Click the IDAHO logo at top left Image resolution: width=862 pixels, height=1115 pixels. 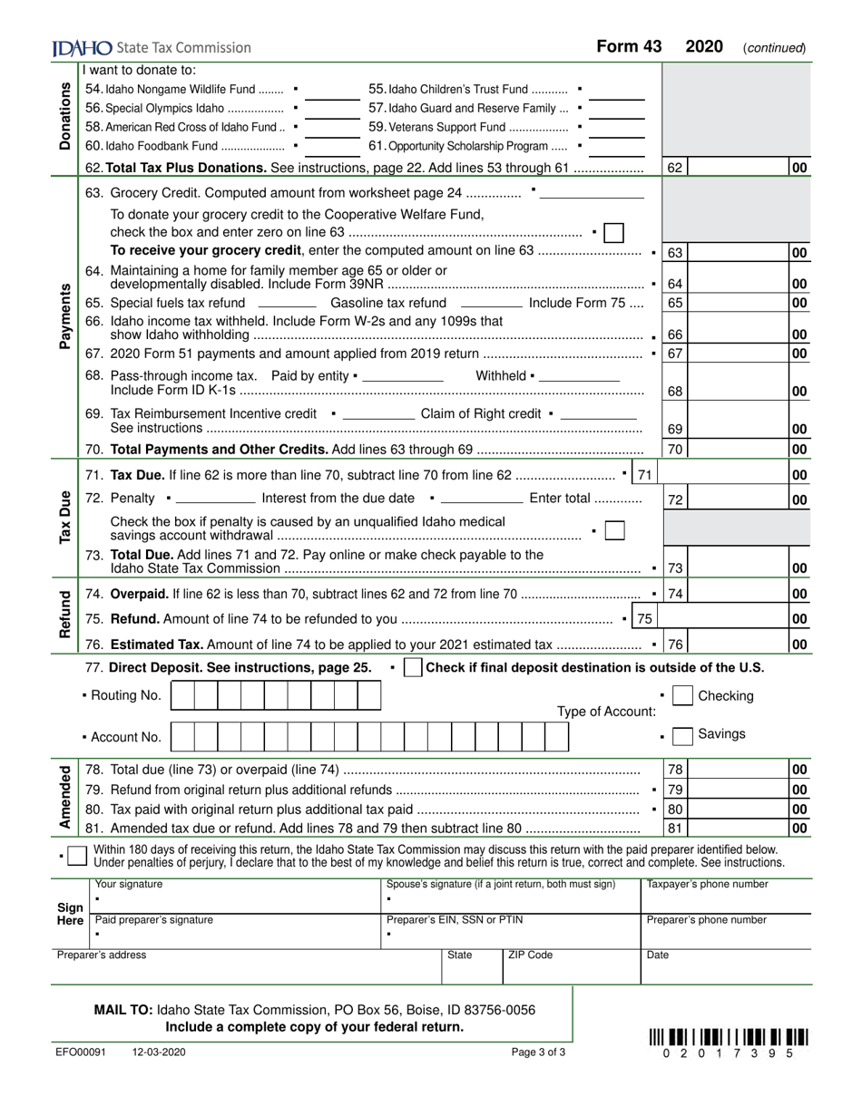click(83, 48)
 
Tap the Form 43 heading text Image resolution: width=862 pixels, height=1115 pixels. click(629, 47)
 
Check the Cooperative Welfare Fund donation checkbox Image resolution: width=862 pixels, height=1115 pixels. click(613, 233)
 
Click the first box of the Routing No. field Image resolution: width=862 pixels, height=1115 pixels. click(182, 696)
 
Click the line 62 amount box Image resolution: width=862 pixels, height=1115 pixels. click(739, 168)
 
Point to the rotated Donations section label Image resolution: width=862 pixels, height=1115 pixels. click(65, 115)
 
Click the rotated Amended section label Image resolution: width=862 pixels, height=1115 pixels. click(65, 798)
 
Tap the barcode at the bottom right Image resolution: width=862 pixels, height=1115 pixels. click(729, 1038)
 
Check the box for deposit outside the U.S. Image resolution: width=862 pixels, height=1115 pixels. click(412, 668)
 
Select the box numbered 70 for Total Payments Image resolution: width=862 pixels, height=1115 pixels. click(675, 450)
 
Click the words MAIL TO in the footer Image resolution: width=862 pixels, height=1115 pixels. click(123, 1010)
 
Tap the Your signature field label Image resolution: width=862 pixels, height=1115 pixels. click(129, 885)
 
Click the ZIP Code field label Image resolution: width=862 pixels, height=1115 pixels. click(530, 955)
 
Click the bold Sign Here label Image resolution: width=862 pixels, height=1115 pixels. click(70, 914)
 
